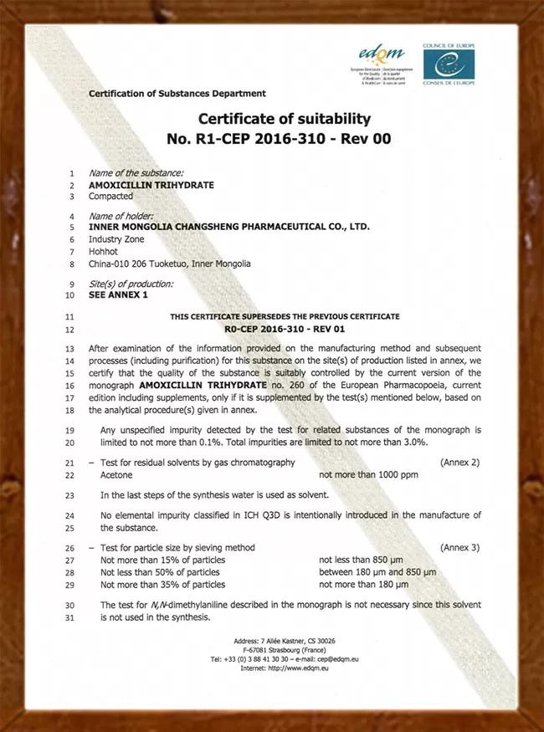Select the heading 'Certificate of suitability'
click(284, 119)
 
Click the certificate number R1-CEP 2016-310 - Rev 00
click(284, 139)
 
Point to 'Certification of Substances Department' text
click(177, 94)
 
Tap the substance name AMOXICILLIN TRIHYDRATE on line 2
click(151, 185)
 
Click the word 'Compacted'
click(110, 197)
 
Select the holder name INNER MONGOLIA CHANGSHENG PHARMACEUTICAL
click(228, 227)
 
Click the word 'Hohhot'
click(103, 251)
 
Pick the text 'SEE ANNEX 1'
click(117, 294)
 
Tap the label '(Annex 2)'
click(460, 463)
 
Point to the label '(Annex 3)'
click(460, 548)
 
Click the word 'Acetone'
click(116, 475)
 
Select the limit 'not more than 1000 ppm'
click(367, 475)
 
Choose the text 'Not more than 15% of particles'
click(162, 561)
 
